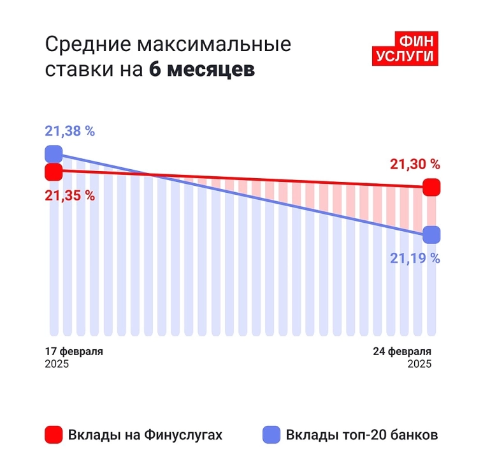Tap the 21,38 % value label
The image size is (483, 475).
pos(69,132)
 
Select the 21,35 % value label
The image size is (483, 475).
pos(69,195)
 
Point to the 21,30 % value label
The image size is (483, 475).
pos(415,164)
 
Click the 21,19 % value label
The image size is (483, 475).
pos(415,258)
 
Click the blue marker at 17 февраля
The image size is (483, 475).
pos(54,154)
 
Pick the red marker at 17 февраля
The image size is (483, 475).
pos(54,172)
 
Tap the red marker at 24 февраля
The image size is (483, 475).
pos(431,188)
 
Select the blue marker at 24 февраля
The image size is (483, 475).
pos(431,235)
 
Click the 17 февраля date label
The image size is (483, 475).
pos(74,352)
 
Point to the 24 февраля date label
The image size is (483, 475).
pos(402,352)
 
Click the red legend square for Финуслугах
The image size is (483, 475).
pos(54,435)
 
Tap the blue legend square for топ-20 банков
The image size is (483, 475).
pos(271,435)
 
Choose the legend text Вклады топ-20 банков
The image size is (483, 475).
pos(362,435)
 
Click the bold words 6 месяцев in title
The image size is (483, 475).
pos(202,70)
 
